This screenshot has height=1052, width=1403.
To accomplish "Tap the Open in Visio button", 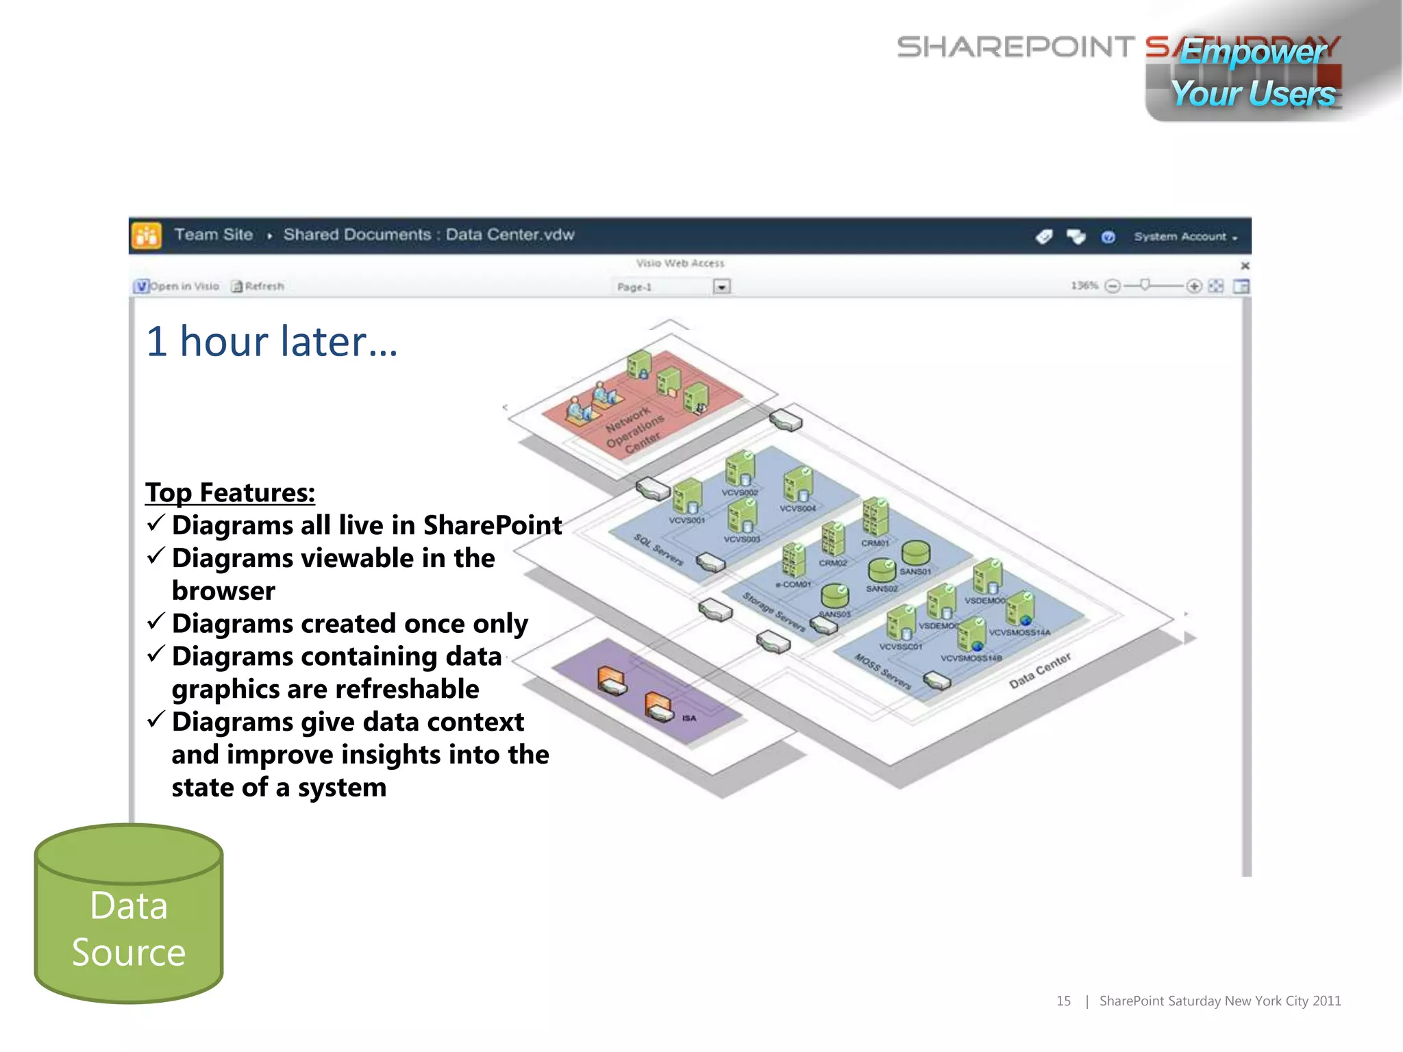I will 177,286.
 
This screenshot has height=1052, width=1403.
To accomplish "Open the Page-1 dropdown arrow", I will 721,287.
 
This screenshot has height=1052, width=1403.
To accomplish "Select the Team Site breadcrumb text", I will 213,235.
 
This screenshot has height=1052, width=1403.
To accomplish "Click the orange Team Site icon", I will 147,236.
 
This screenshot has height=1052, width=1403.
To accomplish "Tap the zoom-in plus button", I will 1194,286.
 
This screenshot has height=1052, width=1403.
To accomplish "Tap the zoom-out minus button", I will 1113,286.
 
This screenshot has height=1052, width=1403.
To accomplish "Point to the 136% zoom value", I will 1084,286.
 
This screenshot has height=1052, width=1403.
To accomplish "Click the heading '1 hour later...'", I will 271,342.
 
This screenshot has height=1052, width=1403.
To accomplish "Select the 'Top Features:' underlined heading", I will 230,492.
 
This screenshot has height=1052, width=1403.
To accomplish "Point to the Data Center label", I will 1039,671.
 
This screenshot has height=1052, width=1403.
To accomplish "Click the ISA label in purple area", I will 689,718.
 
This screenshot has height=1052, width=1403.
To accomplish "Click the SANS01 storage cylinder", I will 915,553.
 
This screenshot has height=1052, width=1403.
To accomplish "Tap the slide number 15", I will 1063,1001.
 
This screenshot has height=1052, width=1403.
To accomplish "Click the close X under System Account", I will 1245,266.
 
